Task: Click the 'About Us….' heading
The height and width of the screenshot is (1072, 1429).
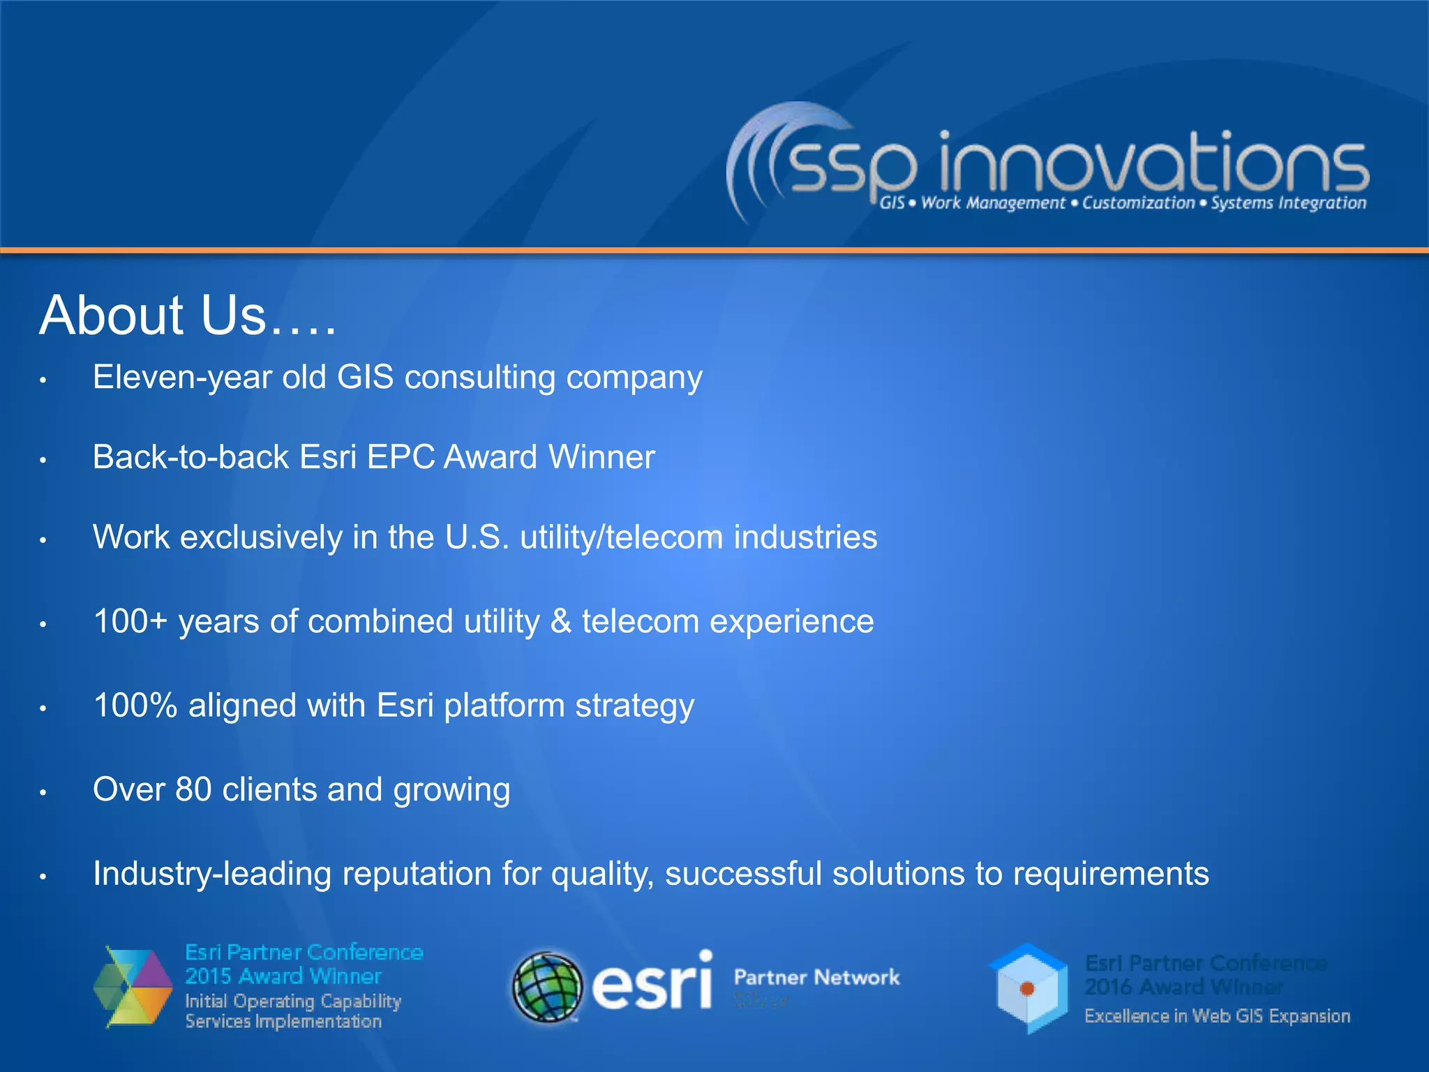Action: pos(187,315)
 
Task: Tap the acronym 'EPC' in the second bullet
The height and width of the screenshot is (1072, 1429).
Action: pos(401,458)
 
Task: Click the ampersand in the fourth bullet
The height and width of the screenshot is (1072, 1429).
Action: pos(560,622)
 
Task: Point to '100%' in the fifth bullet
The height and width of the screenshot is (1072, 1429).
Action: pos(135,706)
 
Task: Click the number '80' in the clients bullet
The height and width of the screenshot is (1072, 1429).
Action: pos(193,790)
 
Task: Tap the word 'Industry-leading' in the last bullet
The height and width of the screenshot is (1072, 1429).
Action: pos(211,874)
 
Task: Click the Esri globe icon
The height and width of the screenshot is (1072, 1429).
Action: pos(547,987)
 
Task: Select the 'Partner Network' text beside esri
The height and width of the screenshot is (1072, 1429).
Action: pos(816,978)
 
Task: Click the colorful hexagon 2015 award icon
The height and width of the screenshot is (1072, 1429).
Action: pos(133,987)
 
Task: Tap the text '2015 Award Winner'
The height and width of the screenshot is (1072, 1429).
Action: pos(283,976)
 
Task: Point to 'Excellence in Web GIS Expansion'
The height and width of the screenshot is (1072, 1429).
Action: pos(1217,1016)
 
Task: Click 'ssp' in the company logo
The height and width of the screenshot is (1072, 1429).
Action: pos(853,167)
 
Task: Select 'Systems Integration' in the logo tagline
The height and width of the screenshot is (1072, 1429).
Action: pos(1288,204)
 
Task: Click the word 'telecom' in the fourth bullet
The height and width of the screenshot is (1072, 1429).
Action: pos(640,622)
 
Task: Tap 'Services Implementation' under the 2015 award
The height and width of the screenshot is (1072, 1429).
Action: pos(283,1022)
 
